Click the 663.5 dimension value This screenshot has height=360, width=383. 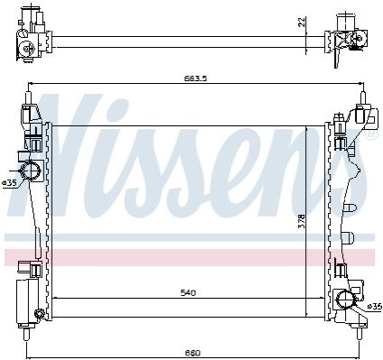click(x=195, y=78)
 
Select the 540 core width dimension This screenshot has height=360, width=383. click(x=188, y=292)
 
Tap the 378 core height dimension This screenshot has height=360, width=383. click(x=302, y=221)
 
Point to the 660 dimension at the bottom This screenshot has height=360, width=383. click(x=193, y=353)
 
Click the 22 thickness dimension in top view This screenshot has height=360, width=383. click(x=303, y=22)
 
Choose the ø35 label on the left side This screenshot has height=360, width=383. click(x=9, y=182)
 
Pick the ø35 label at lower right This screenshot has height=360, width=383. click(x=375, y=307)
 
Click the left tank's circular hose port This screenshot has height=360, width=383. click(x=30, y=171)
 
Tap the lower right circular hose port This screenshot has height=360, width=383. click(x=345, y=300)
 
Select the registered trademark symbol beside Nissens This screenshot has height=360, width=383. click(x=370, y=134)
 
